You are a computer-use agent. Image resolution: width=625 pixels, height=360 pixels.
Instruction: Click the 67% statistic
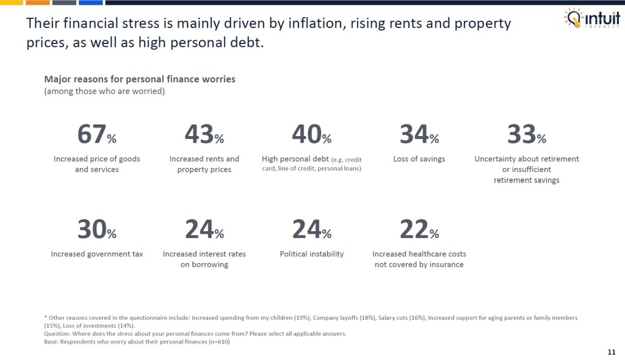pyautogui.click(x=96, y=135)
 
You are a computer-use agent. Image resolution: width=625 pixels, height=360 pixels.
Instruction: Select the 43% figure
pyautogui.click(x=204, y=135)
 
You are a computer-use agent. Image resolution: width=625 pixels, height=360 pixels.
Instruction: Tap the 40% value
pyautogui.click(x=311, y=135)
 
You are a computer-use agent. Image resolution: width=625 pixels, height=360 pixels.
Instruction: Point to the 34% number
pyautogui.click(x=419, y=135)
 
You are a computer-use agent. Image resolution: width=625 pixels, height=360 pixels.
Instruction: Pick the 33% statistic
pyautogui.click(x=526, y=135)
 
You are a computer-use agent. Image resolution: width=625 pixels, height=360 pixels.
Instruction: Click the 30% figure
pyautogui.click(x=96, y=230)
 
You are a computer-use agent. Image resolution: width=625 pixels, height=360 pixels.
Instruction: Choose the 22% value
pyautogui.click(x=419, y=230)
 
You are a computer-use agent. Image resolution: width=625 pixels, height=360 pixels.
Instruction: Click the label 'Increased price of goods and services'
pyautogui.click(x=96, y=164)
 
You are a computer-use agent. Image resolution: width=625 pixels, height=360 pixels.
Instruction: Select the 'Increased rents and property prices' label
pyautogui.click(x=204, y=164)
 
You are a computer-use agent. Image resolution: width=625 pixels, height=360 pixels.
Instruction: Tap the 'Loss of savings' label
pyautogui.click(x=419, y=159)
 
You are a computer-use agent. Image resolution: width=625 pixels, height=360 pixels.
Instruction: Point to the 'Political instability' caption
pyautogui.click(x=311, y=254)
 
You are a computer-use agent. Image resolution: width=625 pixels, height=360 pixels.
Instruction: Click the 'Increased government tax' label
pyautogui.click(x=96, y=254)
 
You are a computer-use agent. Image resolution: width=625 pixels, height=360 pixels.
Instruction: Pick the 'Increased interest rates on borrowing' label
pyautogui.click(x=204, y=259)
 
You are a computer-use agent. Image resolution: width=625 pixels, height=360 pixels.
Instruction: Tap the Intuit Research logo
pyautogui.click(x=590, y=19)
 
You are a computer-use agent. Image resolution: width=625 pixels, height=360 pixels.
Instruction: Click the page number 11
pyautogui.click(x=612, y=352)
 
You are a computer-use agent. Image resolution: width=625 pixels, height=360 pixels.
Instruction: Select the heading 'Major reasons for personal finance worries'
pyautogui.click(x=140, y=79)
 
